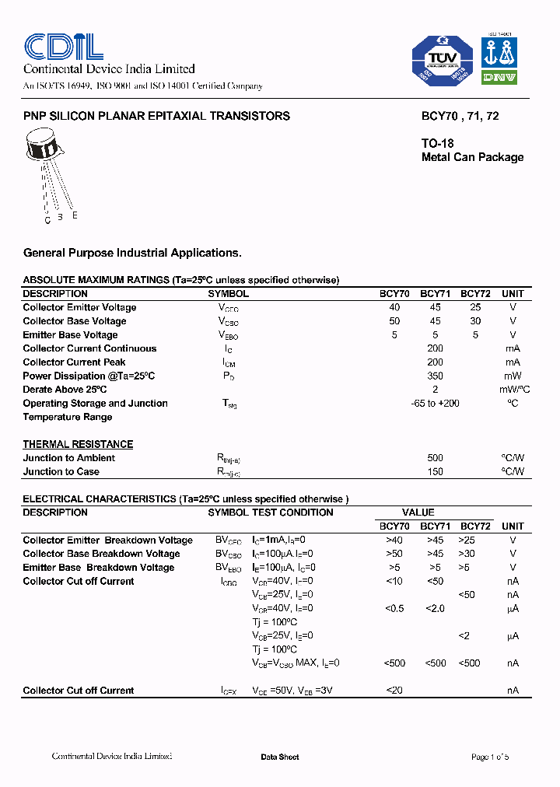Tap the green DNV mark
click(x=499, y=77)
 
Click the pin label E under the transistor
click(x=75, y=215)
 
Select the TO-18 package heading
click(x=437, y=143)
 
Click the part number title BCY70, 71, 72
click(x=460, y=116)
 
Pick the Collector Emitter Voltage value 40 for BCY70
click(x=394, y=307)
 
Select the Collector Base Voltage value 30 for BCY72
click(x=475, y=321)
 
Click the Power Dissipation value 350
click(x=435, y=376)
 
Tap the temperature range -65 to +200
click(x=435, y=403)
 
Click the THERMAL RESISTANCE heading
click(x=78, y=444)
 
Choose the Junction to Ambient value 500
click(x=435, y=458)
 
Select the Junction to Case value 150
click(x=435, y=471)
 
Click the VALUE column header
click(x=418, y=512)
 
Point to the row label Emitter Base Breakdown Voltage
click(x=98, y=568)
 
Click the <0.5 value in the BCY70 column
click(x=394, y=608)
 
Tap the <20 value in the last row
click(x=394, y=691)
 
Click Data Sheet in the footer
click(x=279, y=757)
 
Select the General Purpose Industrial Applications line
click(x=132, y=253)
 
